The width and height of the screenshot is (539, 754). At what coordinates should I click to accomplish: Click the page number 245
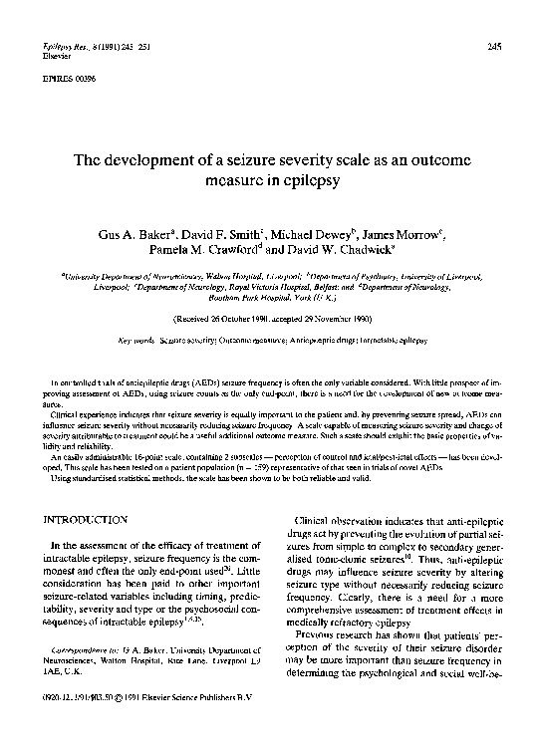(x=494, y=48)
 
